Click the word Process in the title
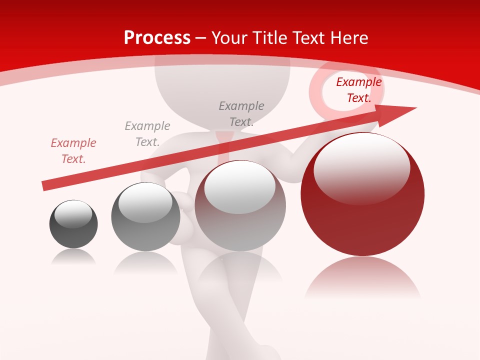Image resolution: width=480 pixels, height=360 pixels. point(157,38)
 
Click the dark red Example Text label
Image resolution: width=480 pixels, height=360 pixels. point(358,90)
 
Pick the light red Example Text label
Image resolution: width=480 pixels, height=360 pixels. point(73,151)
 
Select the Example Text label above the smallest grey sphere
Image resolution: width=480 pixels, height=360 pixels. point(147,134)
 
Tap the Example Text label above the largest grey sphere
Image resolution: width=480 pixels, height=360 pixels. point(241,114)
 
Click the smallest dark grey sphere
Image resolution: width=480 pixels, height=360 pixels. point(73,232)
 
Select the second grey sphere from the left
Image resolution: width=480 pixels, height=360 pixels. point(145,222)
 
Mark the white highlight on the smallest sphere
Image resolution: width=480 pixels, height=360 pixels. point(73,214)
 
